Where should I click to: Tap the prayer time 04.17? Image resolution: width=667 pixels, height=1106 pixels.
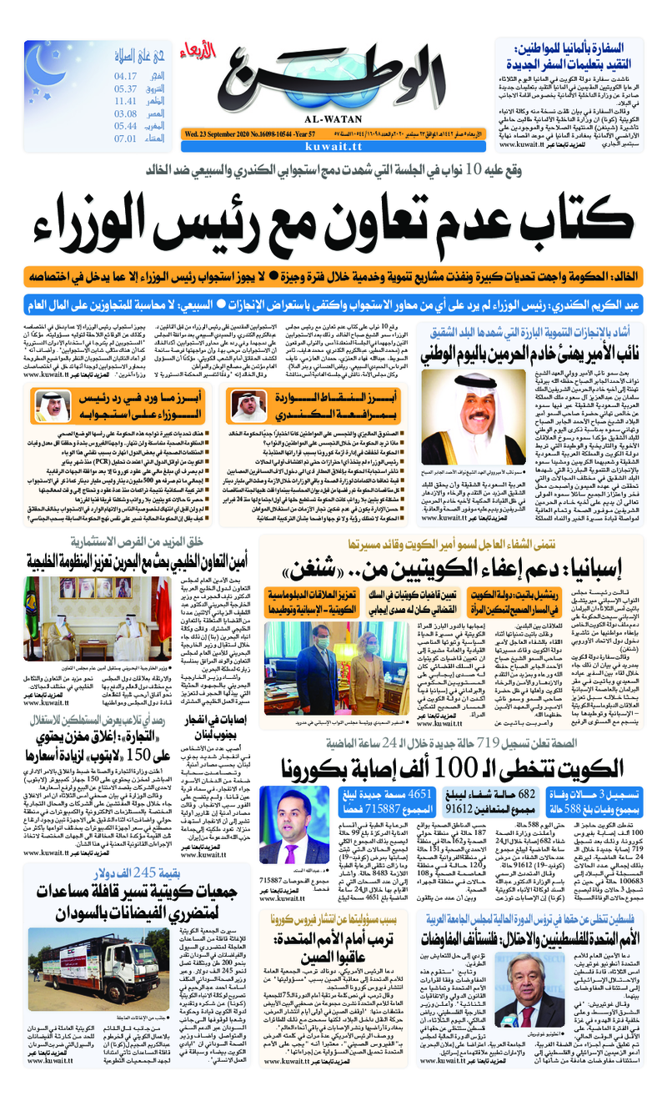126,76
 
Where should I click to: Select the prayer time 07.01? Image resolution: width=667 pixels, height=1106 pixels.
126,138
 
